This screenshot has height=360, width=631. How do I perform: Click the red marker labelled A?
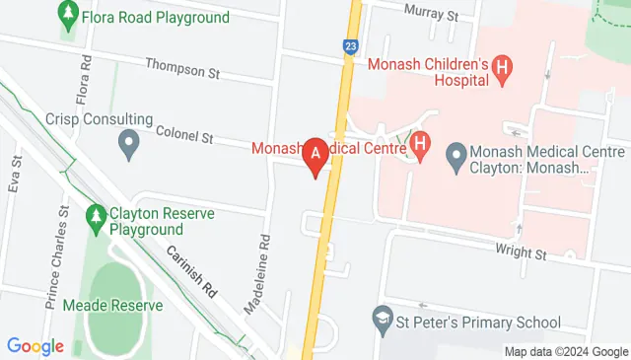(x=315, y=156)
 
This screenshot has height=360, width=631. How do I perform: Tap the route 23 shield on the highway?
(x=351, y=45)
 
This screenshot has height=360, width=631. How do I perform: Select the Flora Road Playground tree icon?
(x=68, y=15)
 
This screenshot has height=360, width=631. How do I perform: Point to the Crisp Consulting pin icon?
(x=128, y=147)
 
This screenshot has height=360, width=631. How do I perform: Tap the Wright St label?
(x=523, y=253)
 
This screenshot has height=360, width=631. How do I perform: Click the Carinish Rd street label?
(x=190, y=272)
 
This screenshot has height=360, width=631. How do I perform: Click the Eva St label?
(x=15, y=175)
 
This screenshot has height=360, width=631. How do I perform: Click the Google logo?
(x=35, y=346)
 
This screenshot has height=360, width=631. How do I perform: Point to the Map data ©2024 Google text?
(x=566, y=352)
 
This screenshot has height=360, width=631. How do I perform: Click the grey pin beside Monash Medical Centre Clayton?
(x=456, y=155)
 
